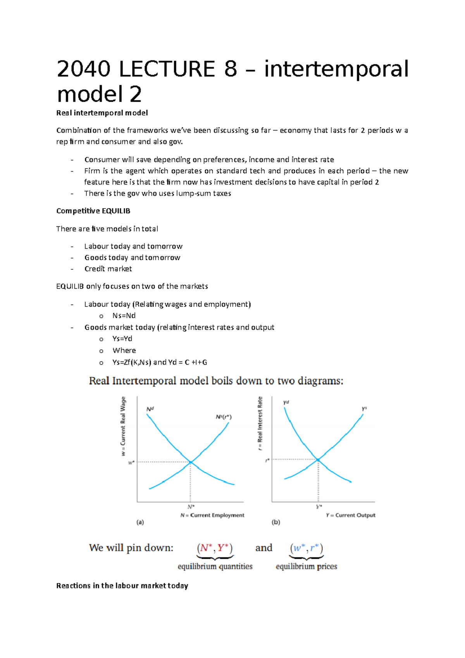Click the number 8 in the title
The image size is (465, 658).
(x=230, y=69)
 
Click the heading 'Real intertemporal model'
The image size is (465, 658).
(x=102, y=113)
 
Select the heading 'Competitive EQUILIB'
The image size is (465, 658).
(x=93, y=211)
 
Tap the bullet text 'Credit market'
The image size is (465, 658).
(x=108, y=269)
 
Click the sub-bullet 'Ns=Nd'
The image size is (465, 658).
(x=124, y=315)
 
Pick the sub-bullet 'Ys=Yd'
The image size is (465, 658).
(x=122, y=338)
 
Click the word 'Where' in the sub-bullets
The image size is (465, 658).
(x=124, y=350)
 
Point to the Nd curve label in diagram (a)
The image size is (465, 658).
(x=150, y=409)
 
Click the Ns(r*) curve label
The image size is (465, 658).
(x=224, y=417)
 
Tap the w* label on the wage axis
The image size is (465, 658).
(x=131, y=462)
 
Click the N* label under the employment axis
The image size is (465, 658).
(x=191, y=507)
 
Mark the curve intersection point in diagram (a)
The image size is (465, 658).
(x=191, y=462)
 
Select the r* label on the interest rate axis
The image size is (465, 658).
(x=267, y=460)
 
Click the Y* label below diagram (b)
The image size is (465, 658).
(x=319, y=507)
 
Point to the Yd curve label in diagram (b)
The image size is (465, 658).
(x=286, y=403)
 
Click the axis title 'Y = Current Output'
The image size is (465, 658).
(x=351, y=515)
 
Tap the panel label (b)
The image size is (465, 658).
(x=276, y=522)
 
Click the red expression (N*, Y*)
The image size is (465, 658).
(x=215, y=548)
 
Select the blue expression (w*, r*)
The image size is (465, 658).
(x=306, y=548)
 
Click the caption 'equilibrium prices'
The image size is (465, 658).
(x=306, y=566)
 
